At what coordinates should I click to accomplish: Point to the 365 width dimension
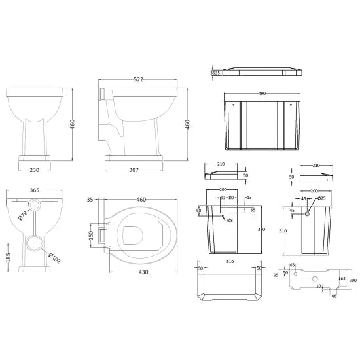[34, 190]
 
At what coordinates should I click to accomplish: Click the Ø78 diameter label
[22, 215]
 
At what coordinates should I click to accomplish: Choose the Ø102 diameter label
[54, 259]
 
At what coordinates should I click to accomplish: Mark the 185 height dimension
[8, 257]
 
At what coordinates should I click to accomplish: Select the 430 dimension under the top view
[141, 272]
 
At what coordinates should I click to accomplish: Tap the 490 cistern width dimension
[262, 94]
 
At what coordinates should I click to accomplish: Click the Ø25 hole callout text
[321, 198]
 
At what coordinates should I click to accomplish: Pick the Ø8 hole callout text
[230, 221]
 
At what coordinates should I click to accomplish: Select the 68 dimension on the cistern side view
[199, 210]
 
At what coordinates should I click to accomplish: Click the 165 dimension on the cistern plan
[341, 279]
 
